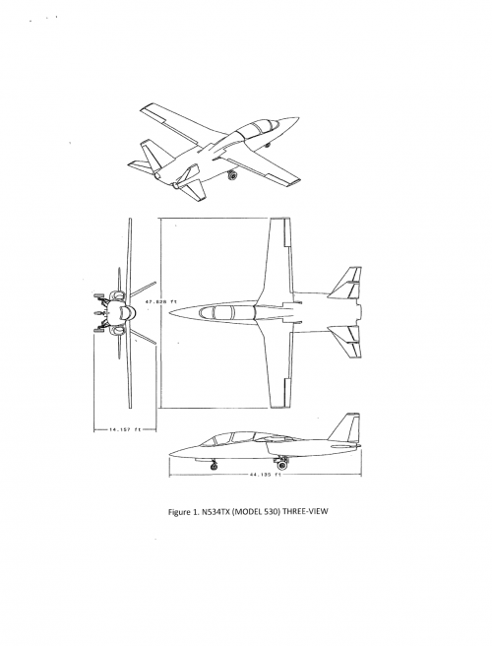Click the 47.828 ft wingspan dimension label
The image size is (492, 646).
(161, 301)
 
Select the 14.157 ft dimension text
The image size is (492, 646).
(125, 429)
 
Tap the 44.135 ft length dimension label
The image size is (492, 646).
(265, 475)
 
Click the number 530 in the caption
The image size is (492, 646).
(271, 512)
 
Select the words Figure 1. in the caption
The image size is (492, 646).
(183, 512)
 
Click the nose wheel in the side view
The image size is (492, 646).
(215, 466)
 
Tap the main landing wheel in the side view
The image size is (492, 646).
(282, 466)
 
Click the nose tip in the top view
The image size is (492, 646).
(170, 313)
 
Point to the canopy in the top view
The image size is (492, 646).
(227, 313)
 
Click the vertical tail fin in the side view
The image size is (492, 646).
(344, 427)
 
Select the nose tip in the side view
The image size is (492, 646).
(170, 455)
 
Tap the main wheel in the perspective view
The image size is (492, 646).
(233, 175)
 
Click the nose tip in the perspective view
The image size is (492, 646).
(298, 118)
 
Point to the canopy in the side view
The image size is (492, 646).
(233, 439)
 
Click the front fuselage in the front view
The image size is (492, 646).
(124, 313)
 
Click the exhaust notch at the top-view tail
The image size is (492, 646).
(358, 313)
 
